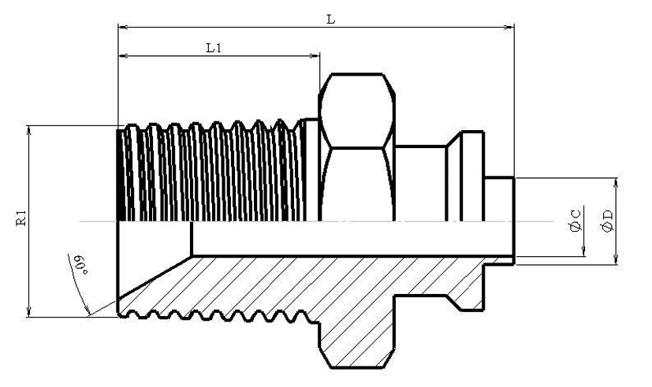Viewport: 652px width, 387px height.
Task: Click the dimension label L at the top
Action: (330, 20)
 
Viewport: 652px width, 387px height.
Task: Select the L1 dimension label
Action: (214, 48)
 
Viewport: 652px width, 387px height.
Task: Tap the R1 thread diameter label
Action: (21, 218)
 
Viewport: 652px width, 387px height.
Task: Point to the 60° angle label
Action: (80, 264)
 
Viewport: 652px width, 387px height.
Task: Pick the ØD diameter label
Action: (607, 221)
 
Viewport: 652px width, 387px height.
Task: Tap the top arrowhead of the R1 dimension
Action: (28, 131)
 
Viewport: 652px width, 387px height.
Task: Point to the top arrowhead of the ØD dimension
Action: (617, 184)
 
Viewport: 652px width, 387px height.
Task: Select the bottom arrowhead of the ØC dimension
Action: (584, 251)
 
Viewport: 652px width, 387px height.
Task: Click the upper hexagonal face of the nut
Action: (357, 110)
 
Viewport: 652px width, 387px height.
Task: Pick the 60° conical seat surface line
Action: (155, 277)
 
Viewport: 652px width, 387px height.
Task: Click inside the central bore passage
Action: (352, 238)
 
